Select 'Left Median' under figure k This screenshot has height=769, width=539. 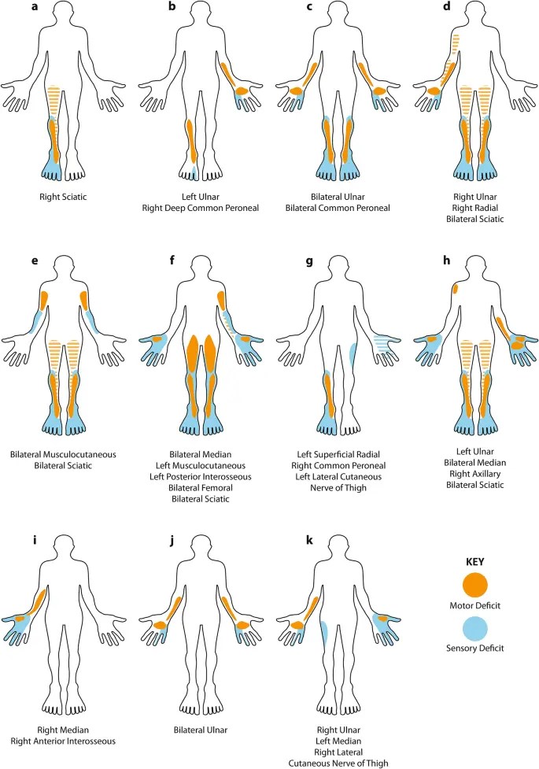(x=339, y=741)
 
